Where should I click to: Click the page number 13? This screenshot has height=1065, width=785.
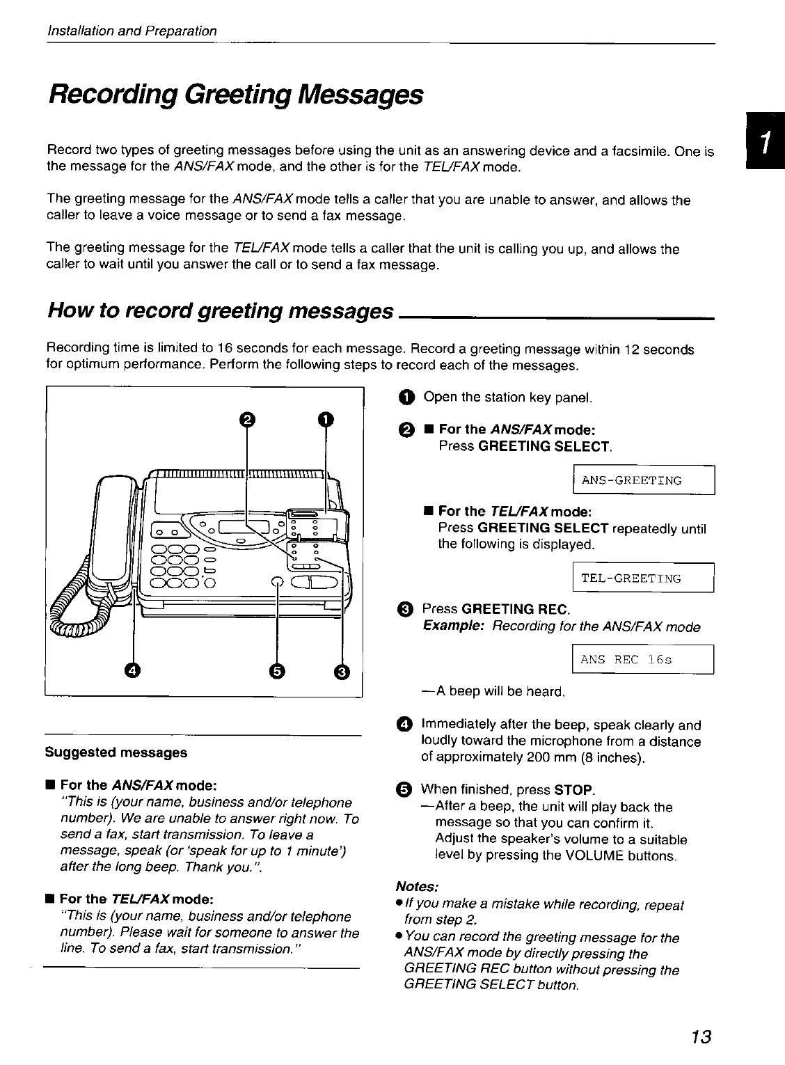(700, 1036)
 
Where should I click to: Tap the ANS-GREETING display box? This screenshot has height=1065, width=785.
(643, 480)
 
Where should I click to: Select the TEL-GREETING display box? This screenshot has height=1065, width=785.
(643, 578)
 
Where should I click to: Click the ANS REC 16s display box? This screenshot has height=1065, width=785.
(643, 659)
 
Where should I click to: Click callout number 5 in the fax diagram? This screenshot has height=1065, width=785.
(277, 671)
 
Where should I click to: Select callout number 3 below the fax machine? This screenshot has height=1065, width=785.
(342, 671)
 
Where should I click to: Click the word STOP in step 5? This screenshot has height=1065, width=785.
(574, 790)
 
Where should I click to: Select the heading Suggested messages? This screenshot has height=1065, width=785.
(116, 752)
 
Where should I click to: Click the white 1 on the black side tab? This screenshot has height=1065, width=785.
(764, 142)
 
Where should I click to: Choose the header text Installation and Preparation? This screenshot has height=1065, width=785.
(132, 31)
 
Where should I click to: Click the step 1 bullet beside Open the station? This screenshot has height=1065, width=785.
(406, 397)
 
